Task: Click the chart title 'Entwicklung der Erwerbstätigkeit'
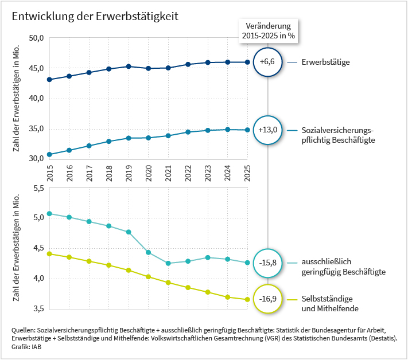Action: (x=95, y=16)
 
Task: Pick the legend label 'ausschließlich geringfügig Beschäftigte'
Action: (x=343, y=267)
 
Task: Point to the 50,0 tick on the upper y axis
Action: (x=36, y=38)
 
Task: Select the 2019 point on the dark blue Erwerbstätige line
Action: (x=129, y=66)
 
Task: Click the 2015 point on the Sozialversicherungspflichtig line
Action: (x=49, y=154)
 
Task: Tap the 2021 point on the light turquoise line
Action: (x=168, y=263)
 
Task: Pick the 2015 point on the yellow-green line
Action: (x=49, y=253)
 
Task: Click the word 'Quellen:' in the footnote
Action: (x=24, y=331)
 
